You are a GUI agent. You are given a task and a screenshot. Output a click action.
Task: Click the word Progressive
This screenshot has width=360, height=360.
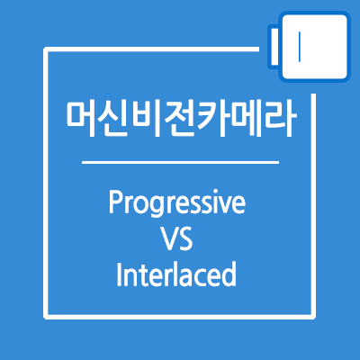(x=176, y=203)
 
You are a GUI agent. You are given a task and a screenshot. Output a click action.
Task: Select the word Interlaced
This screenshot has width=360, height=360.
(x=176, y=274)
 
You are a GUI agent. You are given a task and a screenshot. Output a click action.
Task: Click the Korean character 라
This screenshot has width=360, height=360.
(x=281, y=119)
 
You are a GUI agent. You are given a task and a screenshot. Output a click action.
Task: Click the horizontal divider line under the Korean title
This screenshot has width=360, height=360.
(x=180, y=163)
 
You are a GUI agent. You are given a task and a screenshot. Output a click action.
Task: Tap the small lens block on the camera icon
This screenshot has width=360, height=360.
(x=274, y=47)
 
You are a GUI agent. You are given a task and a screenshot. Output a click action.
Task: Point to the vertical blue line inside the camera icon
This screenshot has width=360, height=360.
(x=299, y=47)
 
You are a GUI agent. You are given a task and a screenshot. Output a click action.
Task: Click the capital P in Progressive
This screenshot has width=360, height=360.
(x=115, y=202)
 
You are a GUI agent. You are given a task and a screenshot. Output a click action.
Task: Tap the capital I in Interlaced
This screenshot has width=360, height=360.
(x=119, y=274)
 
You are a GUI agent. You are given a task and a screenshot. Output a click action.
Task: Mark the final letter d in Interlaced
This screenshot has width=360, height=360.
(x=229, y=274)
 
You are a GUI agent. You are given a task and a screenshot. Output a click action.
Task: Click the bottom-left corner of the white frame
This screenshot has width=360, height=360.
(x=46, y=317)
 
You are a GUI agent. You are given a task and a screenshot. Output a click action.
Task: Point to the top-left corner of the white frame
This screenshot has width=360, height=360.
(x=46, y=49)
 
